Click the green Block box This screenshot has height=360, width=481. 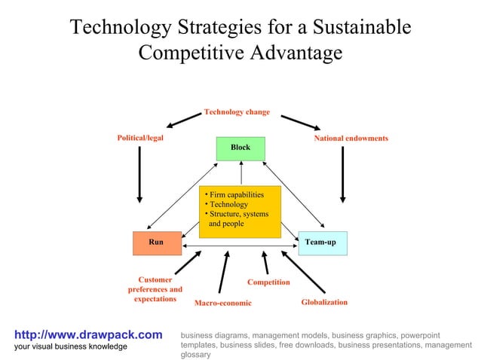[240, 148]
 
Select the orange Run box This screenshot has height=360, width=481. [156, 243]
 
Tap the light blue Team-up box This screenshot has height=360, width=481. [322, 243]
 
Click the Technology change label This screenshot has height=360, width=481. [236, 111]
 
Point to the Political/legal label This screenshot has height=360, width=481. [139, 138]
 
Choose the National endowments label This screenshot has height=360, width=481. [351, 139]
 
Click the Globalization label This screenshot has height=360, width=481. [324, 302]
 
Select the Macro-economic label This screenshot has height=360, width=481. [222, 304]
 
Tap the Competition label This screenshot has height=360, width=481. [268, 282]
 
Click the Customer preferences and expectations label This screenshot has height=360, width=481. [155, 289]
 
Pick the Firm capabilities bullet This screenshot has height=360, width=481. [236, 194]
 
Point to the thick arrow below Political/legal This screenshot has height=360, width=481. [139, 173]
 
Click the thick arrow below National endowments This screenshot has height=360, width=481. [343, 173]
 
